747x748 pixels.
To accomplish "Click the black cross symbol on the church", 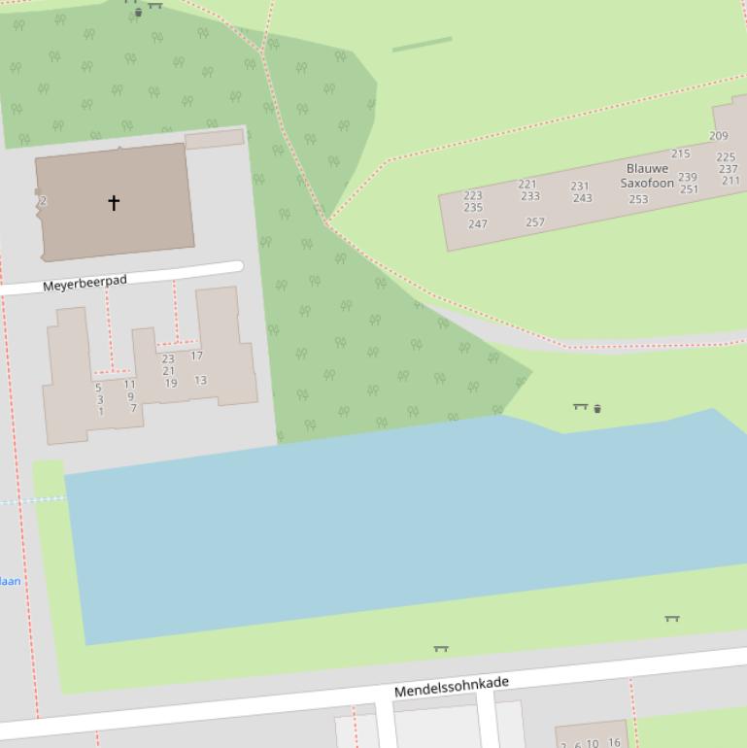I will [114, 202].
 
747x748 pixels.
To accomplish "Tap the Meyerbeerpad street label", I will [85, 283].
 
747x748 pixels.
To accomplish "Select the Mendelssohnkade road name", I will [451, 687].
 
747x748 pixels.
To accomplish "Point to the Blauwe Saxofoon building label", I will [647, 176].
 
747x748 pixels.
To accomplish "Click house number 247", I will [477, 223].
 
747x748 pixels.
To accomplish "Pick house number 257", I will [535, 221].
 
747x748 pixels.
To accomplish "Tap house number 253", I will [638, 199].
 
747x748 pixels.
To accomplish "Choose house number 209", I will [718, 136].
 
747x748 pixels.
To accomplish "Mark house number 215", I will [680, 153].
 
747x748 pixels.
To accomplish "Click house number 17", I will [196, 356].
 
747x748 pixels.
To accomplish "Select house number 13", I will [200, 380].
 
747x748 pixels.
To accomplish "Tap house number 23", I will [168, 358].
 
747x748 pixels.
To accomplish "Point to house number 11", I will [129, 384].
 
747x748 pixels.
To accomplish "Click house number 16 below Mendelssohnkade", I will [614, 742].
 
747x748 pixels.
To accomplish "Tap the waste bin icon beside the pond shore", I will [596, 409].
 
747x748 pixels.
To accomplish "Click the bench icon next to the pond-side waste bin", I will [580, 406].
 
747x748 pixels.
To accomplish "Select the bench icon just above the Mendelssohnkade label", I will [441, 648].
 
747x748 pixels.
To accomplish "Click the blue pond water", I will [389, 525].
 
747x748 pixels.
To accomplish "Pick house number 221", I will [527, 184].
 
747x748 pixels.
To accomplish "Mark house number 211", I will [730, 181].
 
